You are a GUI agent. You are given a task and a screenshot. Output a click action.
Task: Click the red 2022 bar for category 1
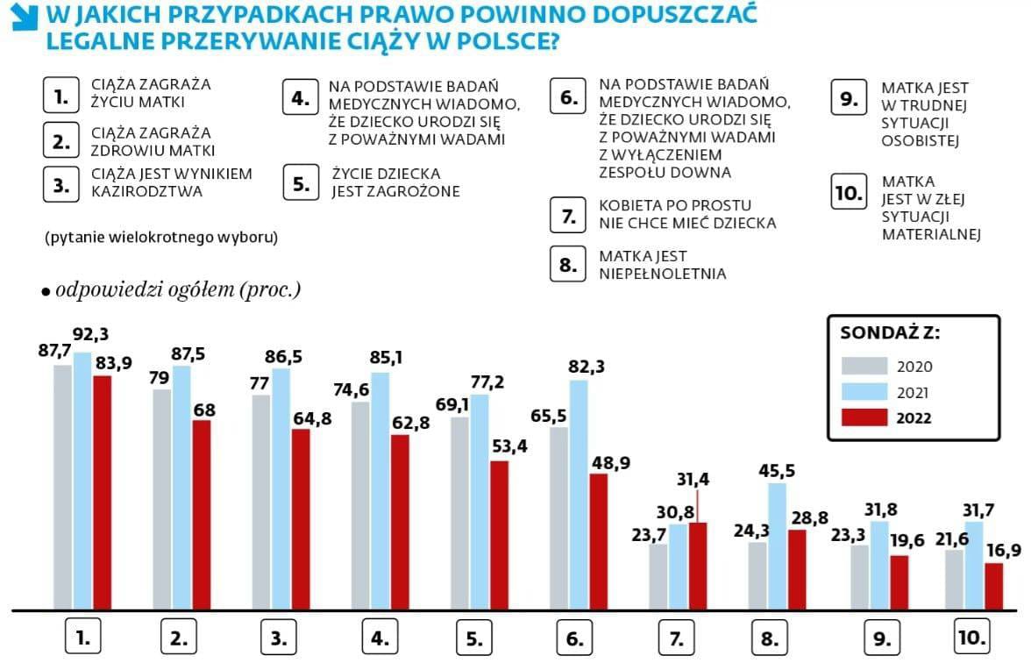pyautogui.click(x=103, y=492)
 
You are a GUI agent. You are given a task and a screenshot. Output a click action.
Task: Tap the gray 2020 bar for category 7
pyautogui.click(x=658, y=576)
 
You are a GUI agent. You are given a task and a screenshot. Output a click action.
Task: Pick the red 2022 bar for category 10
pyautogui.click(x=993, y=586)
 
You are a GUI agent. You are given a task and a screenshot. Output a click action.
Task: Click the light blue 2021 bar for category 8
pyautogui.click(x=777, y=545)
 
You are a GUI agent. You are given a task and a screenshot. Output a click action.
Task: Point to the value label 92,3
pyautogui.click(x=90, y=334)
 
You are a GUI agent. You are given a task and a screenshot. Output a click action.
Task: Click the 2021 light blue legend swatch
pyautogui.click(x=865, y=392)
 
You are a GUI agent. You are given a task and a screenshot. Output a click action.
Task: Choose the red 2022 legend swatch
pyautogui.click(x=865, y=418)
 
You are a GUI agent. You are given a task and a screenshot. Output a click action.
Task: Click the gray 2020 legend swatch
pyautogui.click(x=865, y=367)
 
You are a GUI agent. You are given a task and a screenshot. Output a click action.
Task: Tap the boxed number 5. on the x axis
pyautogui.click(x=474, y=638)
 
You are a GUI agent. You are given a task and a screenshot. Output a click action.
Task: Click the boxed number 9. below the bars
pyautogui.click(x=878, y=638)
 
